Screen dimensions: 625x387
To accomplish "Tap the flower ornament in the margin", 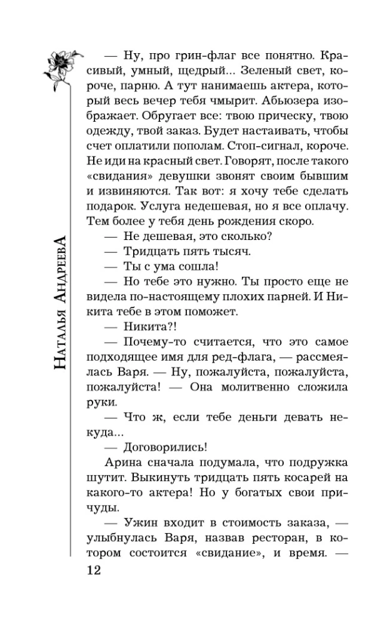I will [64, 63].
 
